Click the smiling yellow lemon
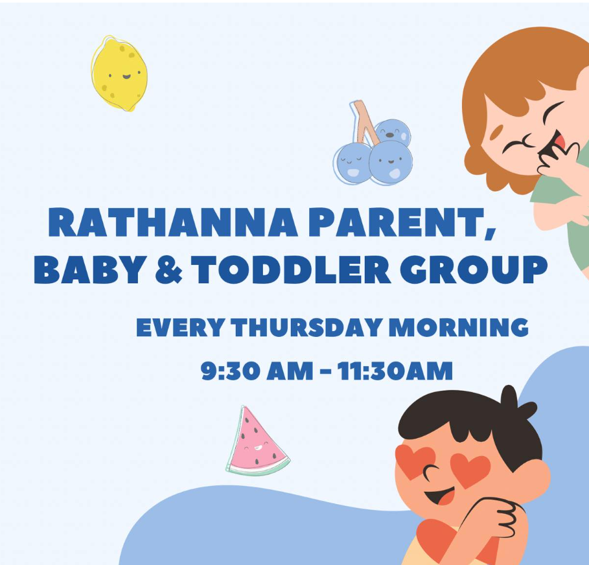[119, 73]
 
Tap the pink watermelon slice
[257, 442]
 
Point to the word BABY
[91, 270]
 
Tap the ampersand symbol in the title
[168, 270]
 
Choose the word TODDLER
[291, 270]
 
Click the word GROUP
[474, 270]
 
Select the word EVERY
[181, 327]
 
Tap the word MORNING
[459, 327]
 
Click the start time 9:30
[230, 371]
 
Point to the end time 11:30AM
[395, 371]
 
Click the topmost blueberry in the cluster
[392, 132]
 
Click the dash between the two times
[327, 373]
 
